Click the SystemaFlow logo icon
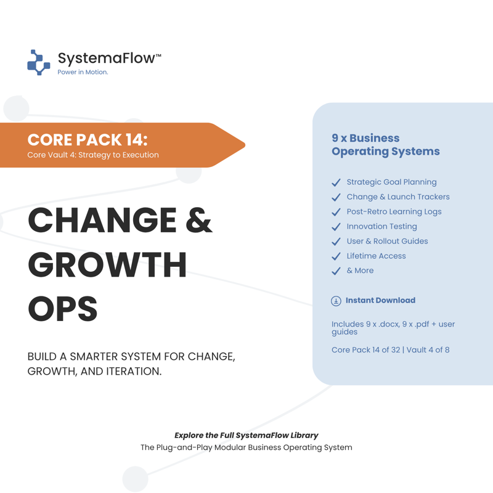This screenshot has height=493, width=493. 39,62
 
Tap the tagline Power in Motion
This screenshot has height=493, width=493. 83,72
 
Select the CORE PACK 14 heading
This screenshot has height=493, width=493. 88,140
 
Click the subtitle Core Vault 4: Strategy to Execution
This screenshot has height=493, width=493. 93,155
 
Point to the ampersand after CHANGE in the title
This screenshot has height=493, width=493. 199,220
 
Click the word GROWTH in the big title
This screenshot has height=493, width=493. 107,265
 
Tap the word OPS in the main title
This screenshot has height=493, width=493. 63,309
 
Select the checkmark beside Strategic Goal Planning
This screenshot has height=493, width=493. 336,182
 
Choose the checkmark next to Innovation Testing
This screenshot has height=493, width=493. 336,227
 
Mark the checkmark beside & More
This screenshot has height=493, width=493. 336,271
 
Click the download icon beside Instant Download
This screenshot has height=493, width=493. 336,301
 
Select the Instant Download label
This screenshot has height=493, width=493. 380,300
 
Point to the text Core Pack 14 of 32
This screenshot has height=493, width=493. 365,349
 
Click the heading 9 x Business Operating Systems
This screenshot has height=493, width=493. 386,145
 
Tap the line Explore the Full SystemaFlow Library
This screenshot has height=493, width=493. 246,436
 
